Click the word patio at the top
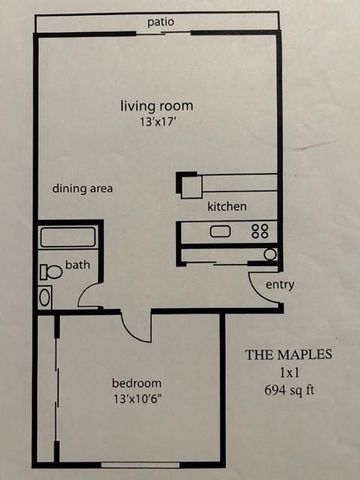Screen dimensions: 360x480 point(161,22)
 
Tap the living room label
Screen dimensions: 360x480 point(157,106)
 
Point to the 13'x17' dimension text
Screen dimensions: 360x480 point(157,122)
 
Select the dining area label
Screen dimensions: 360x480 point(82,188)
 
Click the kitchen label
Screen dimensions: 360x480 point(227,206)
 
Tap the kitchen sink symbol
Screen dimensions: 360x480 point(220,231)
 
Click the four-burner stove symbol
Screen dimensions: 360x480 point(260,231)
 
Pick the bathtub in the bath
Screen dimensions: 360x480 point(68,236)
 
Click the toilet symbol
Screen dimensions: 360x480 point(51,272)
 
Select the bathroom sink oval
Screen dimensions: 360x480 point(45,297)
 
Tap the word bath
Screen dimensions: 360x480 point(78,265)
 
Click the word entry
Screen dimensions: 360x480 point(280,285)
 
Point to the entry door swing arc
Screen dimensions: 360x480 point(257,291)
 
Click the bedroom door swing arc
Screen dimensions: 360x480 point(132,332)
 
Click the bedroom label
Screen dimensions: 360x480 point(137,383)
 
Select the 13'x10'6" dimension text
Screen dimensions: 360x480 point(137,399)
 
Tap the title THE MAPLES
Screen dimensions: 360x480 point(289,355)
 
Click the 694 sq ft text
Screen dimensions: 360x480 point(289,390)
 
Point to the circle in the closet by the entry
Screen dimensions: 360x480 point(270,255)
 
